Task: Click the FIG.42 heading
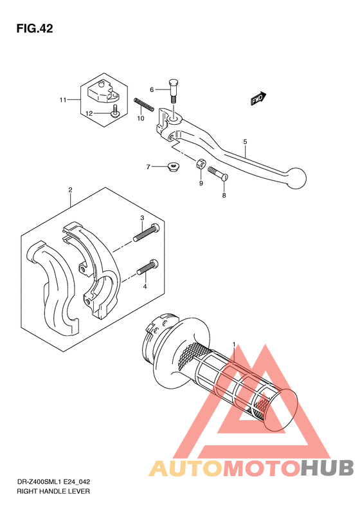click(35, 28)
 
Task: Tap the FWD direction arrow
click(259, 98)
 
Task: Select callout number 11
click(62, 100)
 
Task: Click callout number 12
click(89, 113)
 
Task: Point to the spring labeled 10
click(144, 105)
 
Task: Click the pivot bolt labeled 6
click(174, 91)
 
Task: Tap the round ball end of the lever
click(294, 178)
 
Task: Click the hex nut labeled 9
click(200, 163)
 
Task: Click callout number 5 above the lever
click(245, 142)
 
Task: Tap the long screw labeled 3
click(147, 232)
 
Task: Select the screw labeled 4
click(148, 268)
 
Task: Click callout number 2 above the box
click(70, 190)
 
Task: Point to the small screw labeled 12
click(114, 111)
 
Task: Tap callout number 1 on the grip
click(234, 344)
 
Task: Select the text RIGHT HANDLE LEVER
click(53, 491)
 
